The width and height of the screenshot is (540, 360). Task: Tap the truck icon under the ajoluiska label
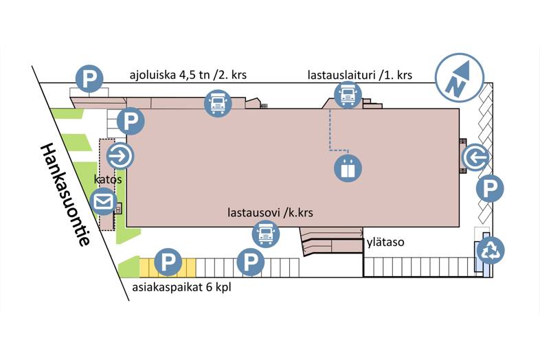(x=218, y=104)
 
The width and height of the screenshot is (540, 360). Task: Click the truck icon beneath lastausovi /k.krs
(x=266, y=234)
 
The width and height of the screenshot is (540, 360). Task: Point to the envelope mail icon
(x=104, y=202)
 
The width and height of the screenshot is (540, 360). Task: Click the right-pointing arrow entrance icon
(x=120, y=157)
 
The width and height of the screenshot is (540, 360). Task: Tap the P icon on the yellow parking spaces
(x=168, y=262)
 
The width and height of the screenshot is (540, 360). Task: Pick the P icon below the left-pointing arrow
(x=490, y=188)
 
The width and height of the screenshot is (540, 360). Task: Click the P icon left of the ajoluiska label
(x=88, y=79)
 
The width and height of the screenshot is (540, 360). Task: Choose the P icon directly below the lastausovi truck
(x=250, y=262)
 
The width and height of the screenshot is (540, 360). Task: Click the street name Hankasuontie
(x=65, y=194)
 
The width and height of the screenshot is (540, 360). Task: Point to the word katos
(x=109, y=179)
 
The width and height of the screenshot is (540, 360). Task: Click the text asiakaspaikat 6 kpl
(x=181, y=287)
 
